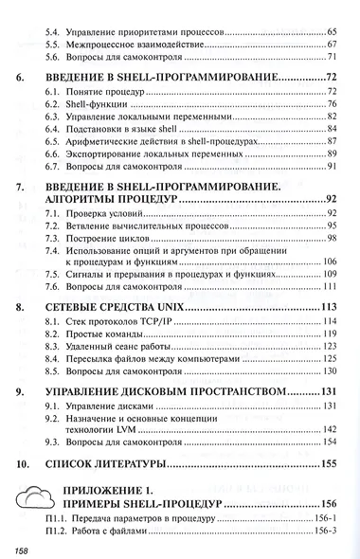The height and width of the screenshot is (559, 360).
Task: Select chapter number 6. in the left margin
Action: (x=22, y=76)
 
